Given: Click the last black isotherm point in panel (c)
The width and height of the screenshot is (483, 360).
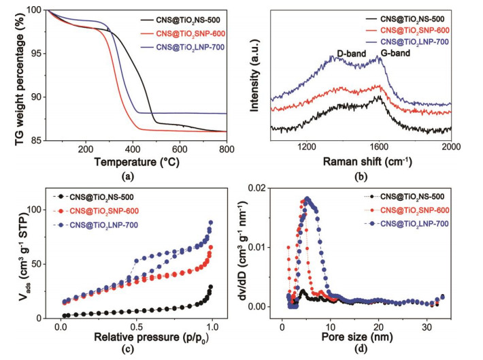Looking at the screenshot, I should (x=211, y=287).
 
